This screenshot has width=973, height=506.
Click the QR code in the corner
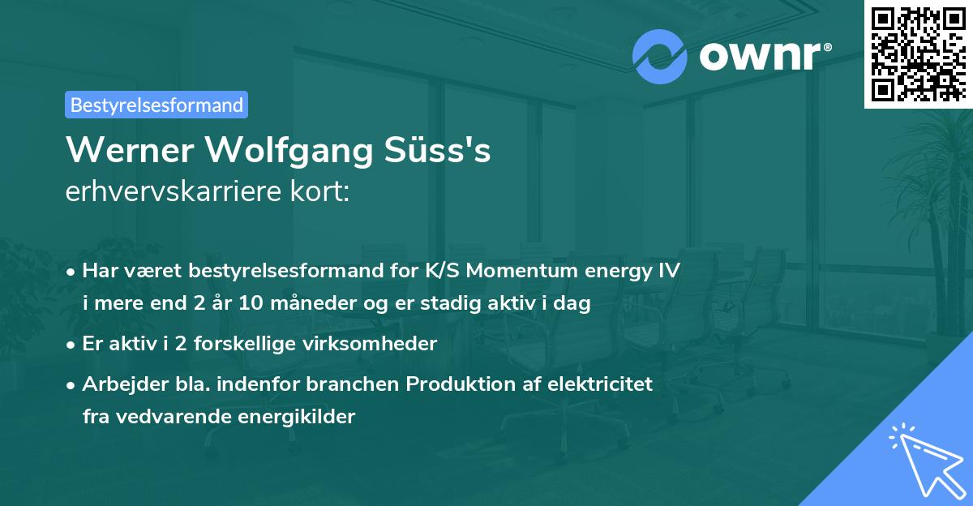(x=919, y=54)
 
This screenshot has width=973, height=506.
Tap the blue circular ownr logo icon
(x=660, y=56)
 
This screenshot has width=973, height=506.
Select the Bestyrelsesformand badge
(x=156, y=105)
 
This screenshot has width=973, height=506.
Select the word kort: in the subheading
(x=319, y=191)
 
